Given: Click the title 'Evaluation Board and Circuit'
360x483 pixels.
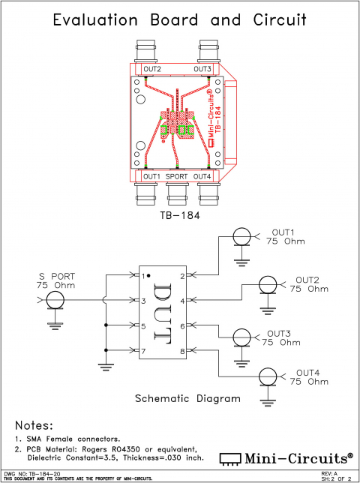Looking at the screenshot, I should pos(179,20).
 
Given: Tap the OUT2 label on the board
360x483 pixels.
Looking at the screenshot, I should pos(151,69).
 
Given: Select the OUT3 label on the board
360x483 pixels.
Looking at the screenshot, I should pos(202,69).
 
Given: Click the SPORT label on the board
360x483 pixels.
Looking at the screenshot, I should pos(177,176).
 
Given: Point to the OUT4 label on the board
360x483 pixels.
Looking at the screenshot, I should pos(202,176).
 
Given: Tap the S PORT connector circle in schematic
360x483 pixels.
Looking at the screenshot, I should pos(53,301).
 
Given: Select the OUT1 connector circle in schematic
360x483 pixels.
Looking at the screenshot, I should pos(241,238).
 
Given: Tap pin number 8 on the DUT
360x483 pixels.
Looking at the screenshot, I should pos(182,351).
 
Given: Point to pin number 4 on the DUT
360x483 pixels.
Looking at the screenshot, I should pos(182,301).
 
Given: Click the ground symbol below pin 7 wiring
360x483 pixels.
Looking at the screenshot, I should pos(106,366).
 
